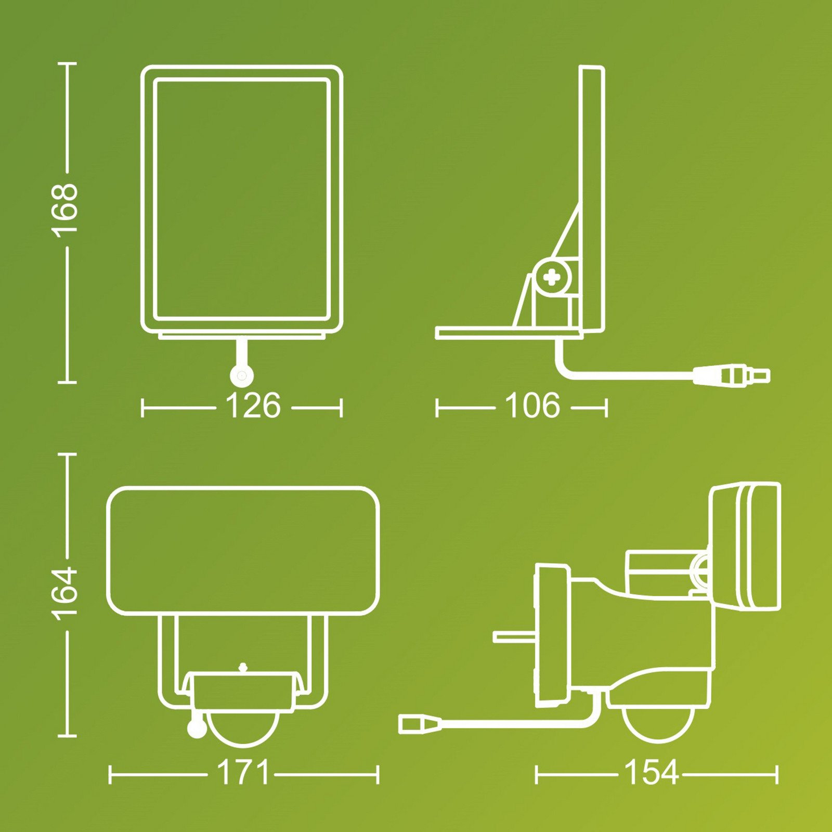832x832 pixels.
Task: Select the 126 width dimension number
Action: click(x=253, y=406)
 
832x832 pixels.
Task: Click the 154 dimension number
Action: click(x=651, y=773)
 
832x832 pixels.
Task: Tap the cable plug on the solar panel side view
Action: click(x=731, y=375)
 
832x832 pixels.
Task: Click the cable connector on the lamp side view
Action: click(x=420, y=724)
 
